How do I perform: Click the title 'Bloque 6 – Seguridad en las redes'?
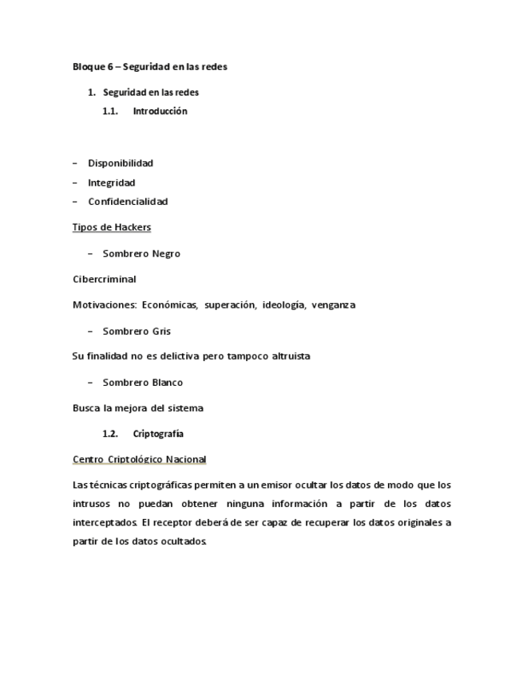[x=150, y=67]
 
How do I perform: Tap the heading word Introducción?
[x=160, y=112]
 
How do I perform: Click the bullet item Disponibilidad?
[x=120, y=163]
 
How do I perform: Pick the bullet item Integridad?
[x=111, y=183]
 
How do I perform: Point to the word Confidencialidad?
[x=128, y=202]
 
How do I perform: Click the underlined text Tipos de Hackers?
[x=112, y=228]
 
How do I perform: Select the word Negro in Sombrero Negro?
[x=166, y=254]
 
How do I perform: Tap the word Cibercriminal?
[x=105, y=280]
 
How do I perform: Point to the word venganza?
[x=334, y=305]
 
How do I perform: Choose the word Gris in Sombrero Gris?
[x=162, y=332]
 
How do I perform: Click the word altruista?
[x=285, y=356]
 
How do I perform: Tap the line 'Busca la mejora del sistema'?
[x=137, y=408]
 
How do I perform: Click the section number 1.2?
[x=110, y=434]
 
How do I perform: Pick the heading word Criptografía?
[x=158, y=434]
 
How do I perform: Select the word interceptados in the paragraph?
[x=105, y=524]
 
